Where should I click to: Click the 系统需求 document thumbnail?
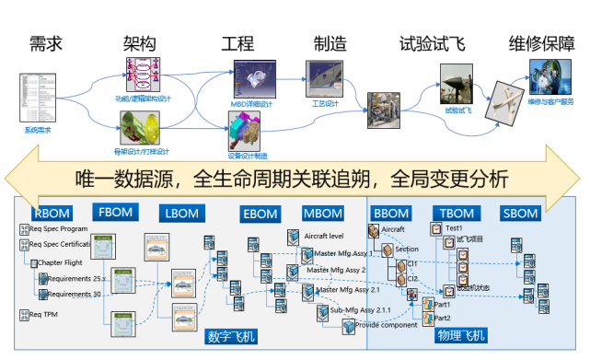(37, 99)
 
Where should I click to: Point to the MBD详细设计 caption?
(251, 104)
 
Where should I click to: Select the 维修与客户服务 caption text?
(551, 101)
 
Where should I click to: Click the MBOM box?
(323, 215)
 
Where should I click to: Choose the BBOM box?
(391, 214)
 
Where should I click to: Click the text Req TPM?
(46, 314)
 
